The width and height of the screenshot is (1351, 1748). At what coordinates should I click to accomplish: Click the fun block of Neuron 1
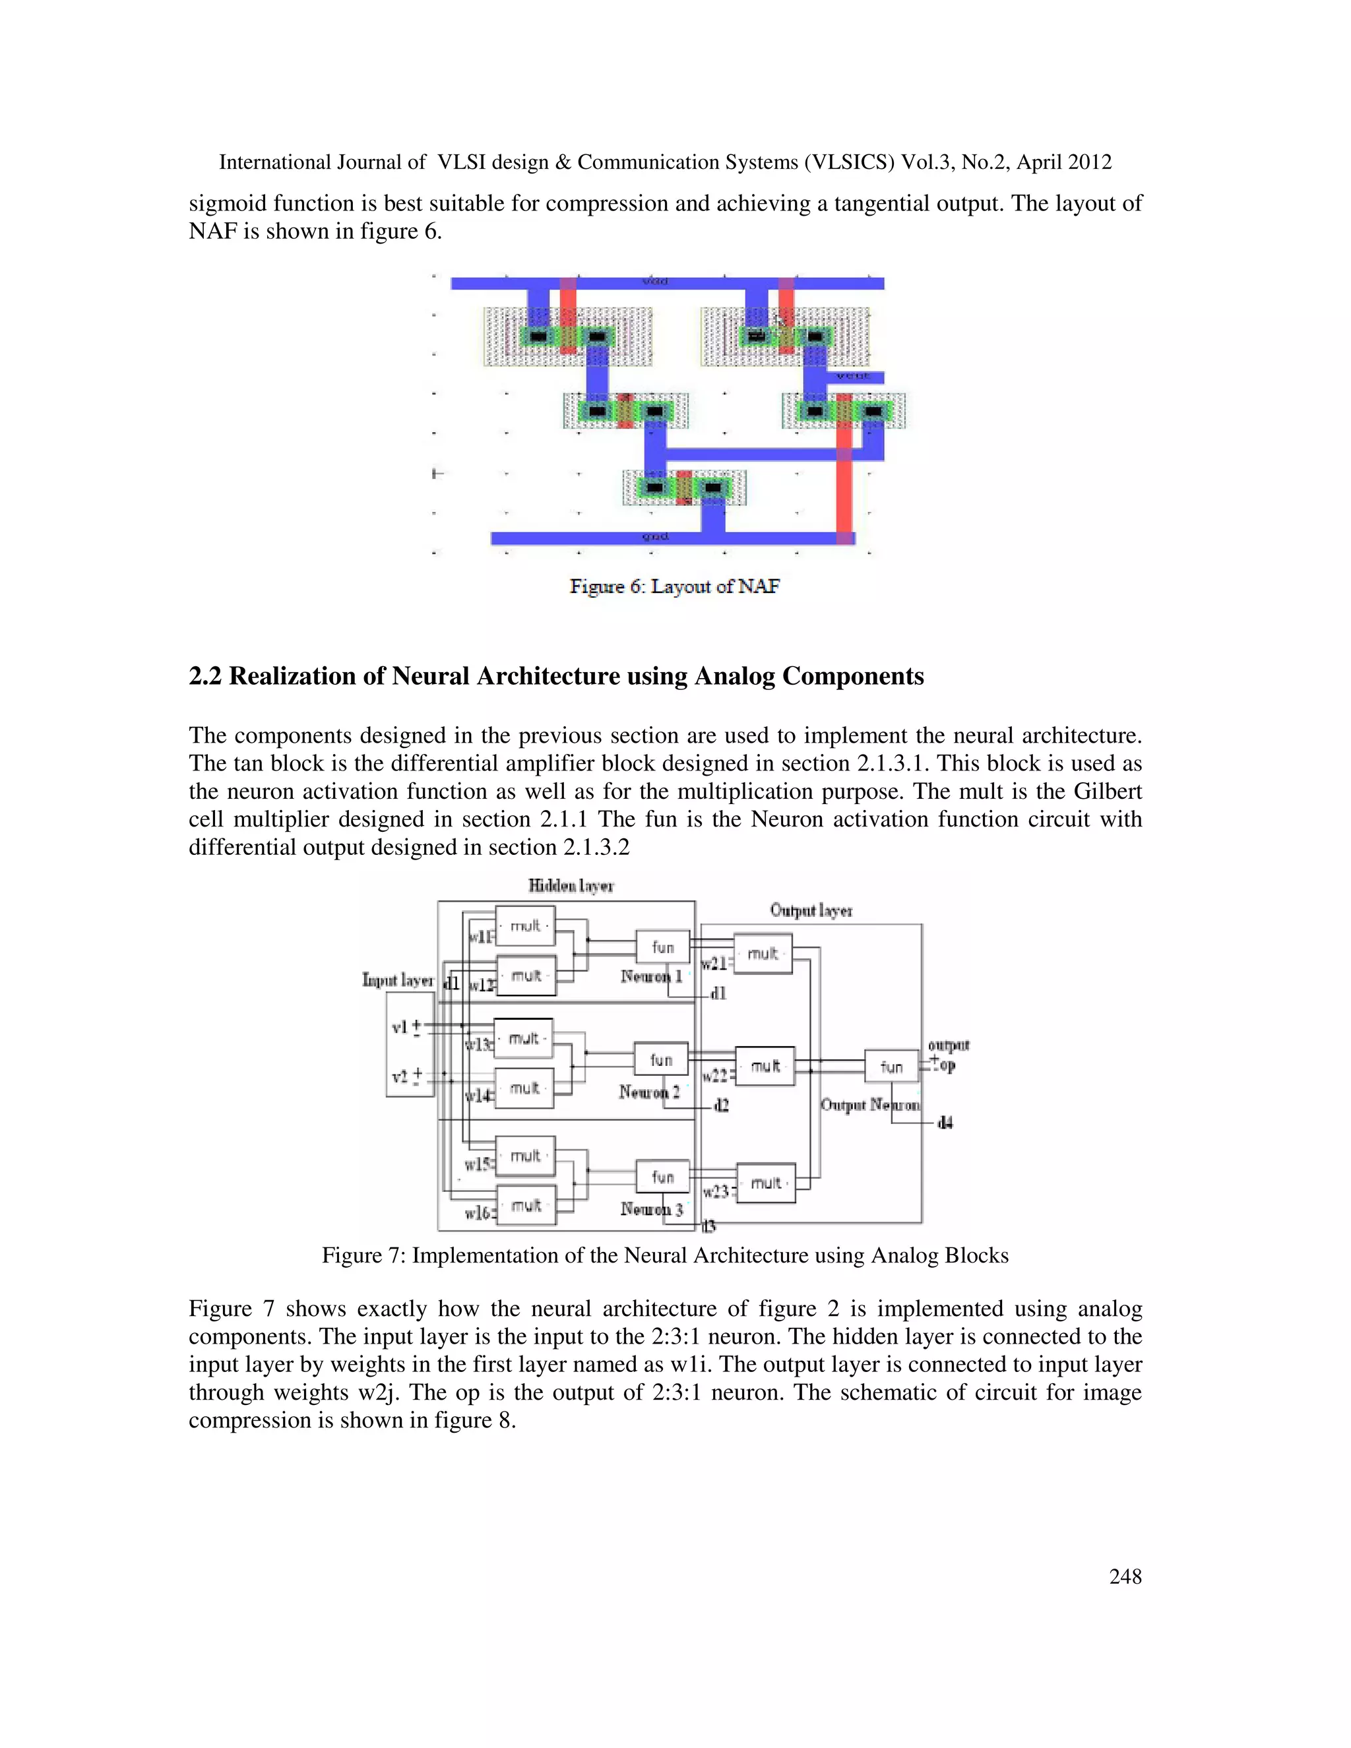662,947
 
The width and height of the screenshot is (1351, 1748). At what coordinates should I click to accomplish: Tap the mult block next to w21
763,954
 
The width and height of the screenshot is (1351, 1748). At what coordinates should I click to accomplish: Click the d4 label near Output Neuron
945,1122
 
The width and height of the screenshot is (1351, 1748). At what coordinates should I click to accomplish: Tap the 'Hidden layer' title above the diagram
571,886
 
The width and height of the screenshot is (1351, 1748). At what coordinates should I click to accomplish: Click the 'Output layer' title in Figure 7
811,911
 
